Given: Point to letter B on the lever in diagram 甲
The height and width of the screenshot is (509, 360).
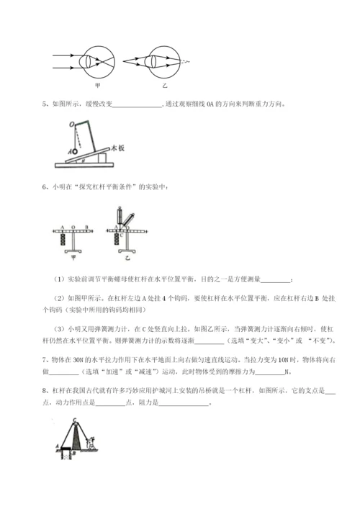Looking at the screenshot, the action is [x=86, y=225].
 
